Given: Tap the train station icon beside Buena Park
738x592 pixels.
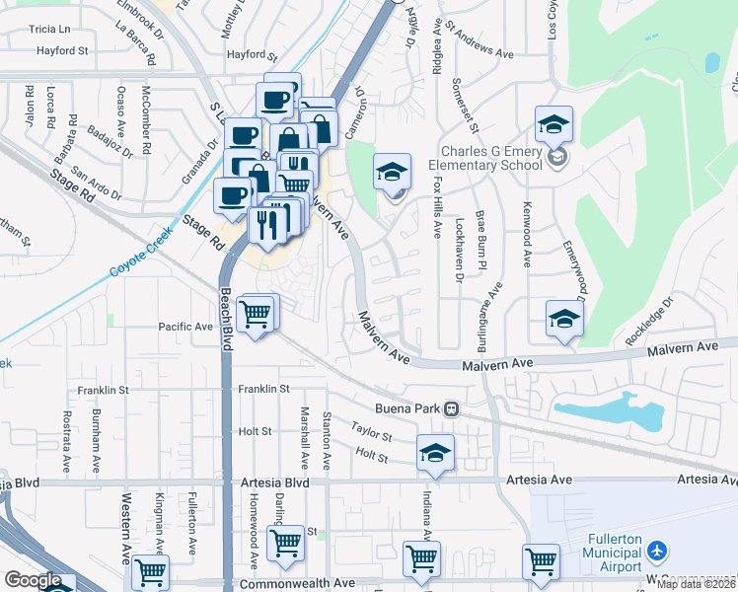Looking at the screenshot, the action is [452, 407].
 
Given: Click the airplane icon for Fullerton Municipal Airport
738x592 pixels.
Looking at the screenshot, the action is [660, 550].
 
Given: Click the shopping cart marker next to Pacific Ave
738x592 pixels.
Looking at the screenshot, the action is [257, 315].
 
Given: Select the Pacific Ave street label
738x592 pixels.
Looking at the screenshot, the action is [185, 327].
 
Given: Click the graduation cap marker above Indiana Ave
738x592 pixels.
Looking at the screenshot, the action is [435, 452].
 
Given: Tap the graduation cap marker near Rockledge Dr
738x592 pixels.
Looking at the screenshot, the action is [564, 318].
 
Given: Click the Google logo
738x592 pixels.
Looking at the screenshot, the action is [33, 580].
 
